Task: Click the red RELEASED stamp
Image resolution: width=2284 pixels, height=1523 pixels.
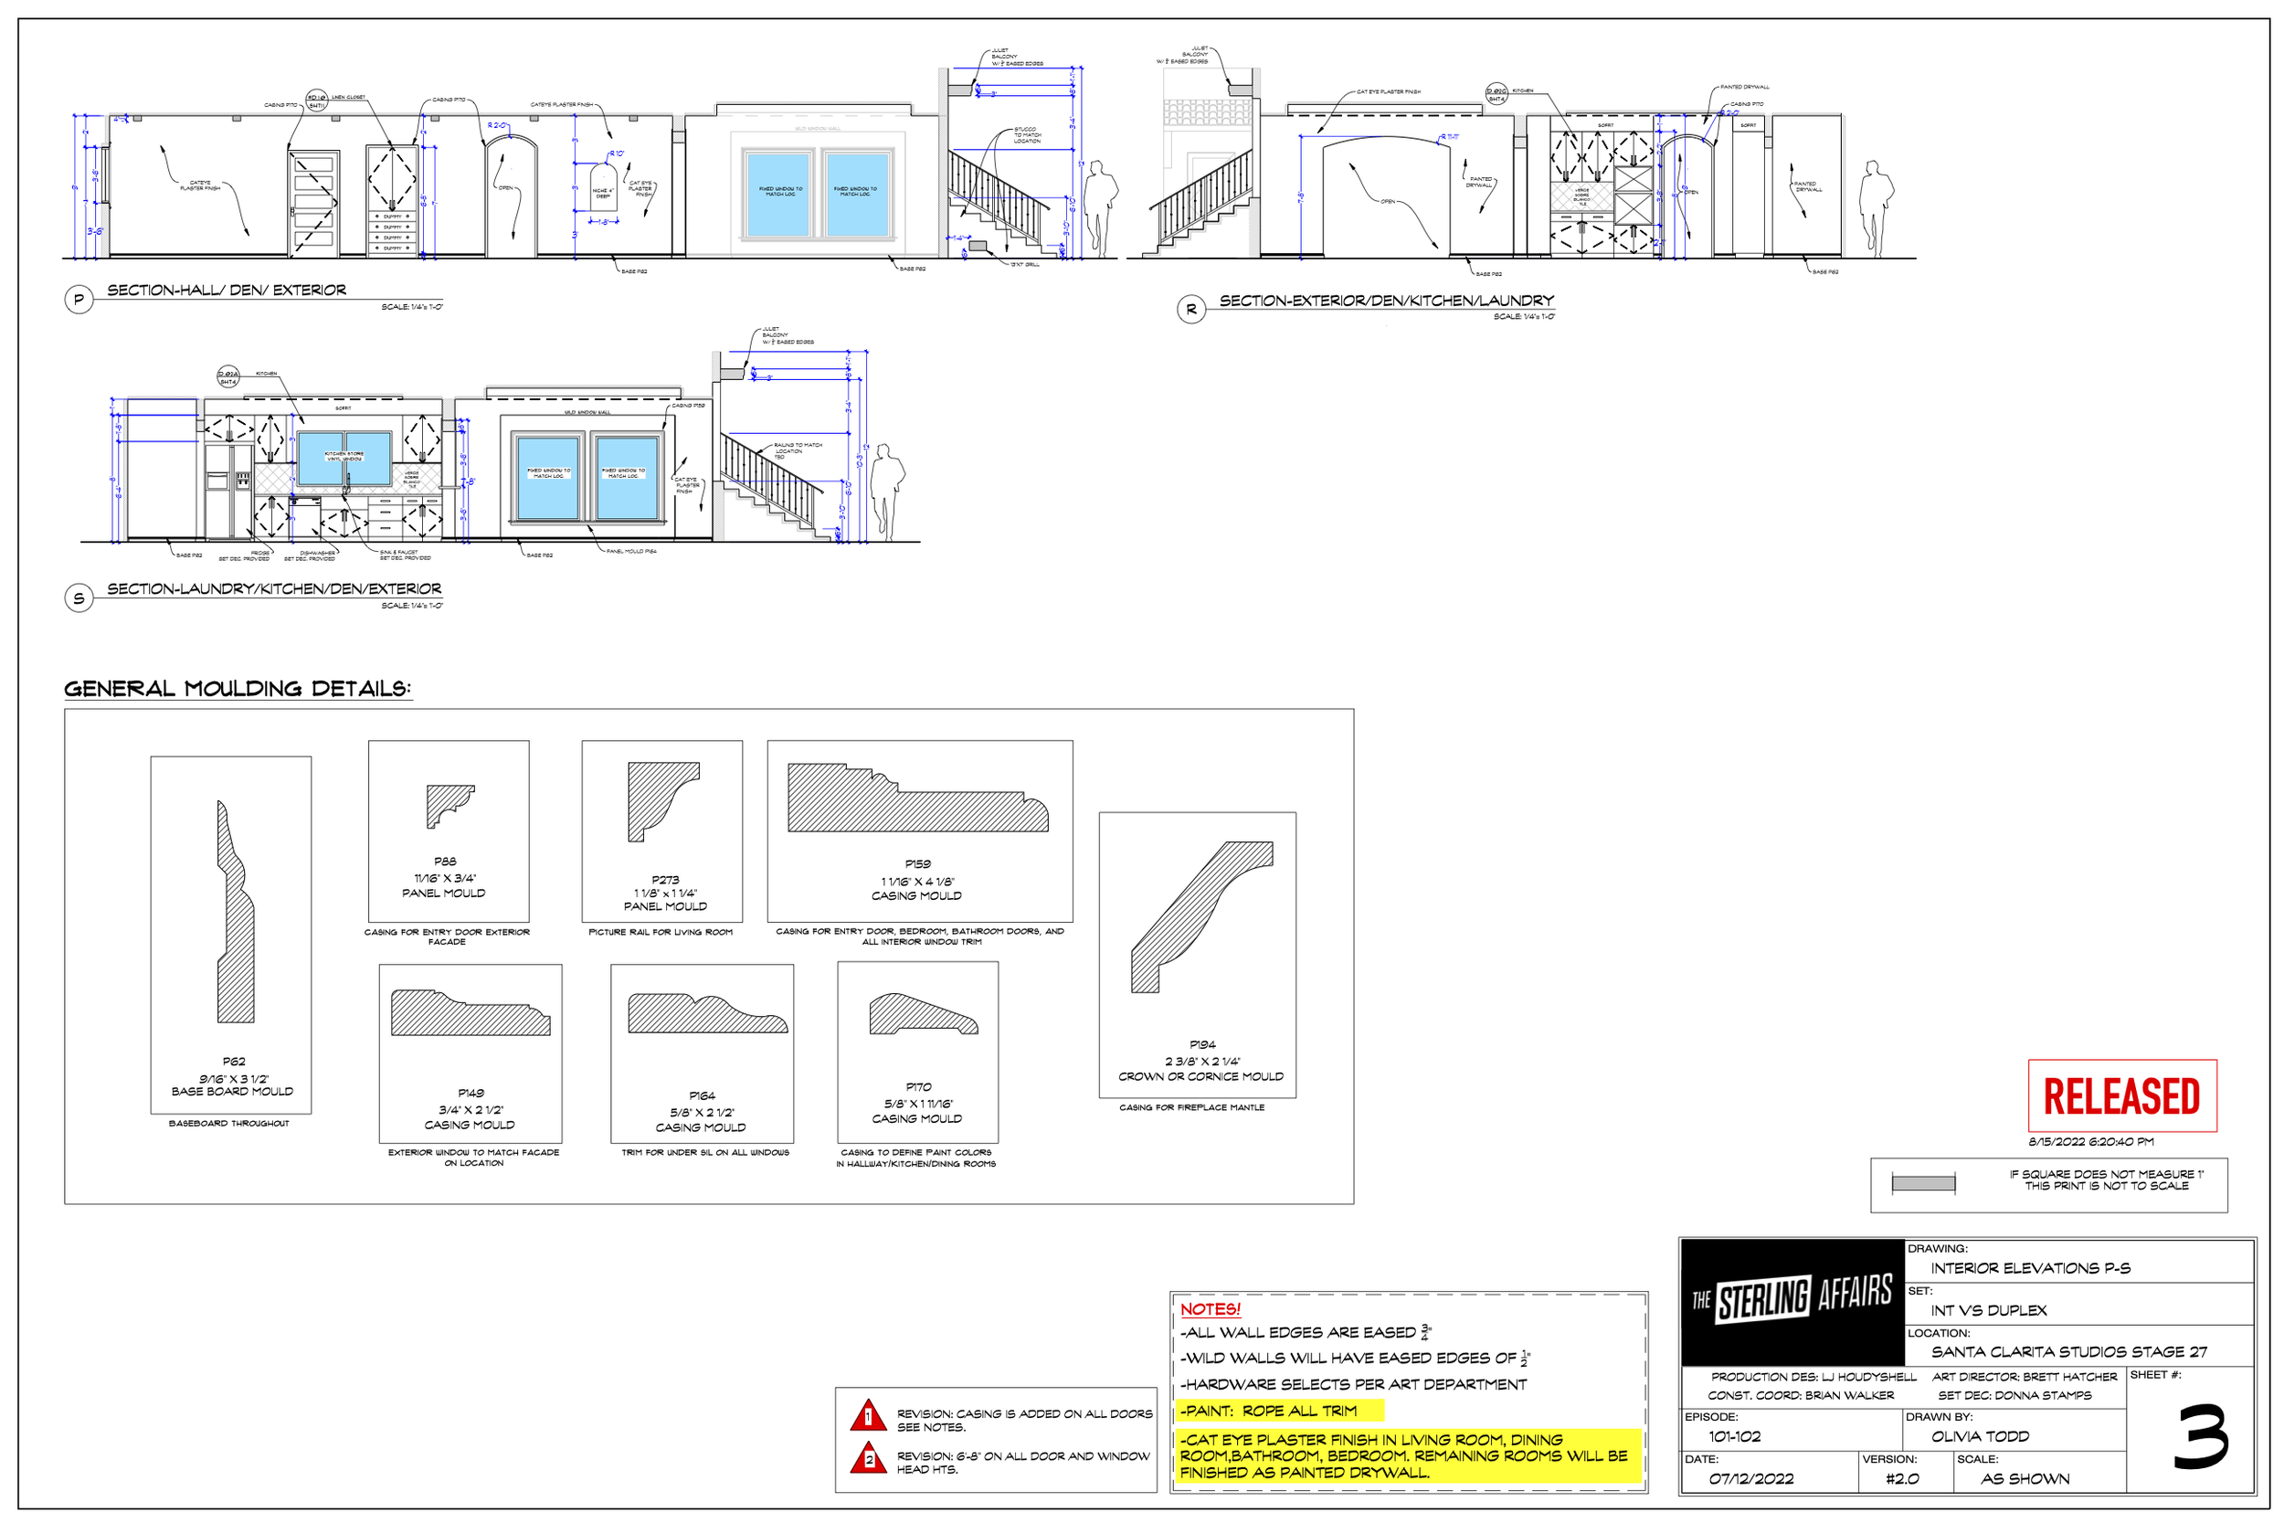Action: point(2120,1095)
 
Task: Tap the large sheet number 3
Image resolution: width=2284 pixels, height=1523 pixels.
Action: point(2201,1436)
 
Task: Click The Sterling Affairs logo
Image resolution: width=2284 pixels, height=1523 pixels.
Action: point(1792,1299)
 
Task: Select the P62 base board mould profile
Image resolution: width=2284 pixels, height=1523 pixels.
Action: point(235,913)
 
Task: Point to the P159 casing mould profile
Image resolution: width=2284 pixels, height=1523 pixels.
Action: point(916,799)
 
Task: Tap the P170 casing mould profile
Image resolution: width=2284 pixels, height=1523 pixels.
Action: point(923,1014)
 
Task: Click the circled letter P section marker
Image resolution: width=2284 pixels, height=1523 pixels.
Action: point(79,301)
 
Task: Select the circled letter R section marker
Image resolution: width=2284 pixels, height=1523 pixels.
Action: point(1191,310)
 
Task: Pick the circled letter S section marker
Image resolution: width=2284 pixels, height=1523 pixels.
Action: point(79,598)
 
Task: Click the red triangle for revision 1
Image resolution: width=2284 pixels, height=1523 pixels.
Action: point(868,1417)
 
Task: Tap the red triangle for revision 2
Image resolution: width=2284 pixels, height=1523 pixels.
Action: point(868,1459)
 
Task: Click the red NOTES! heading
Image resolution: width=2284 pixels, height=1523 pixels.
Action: point(1210,1309)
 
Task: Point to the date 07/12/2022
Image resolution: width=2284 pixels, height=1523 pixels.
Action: point(1750,1479)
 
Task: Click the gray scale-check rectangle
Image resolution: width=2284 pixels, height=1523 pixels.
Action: point(1923,1184)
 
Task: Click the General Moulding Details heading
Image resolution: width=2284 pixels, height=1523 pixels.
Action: point(238,689)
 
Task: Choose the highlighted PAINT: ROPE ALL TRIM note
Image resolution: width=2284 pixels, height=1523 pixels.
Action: point(1270,1411)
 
